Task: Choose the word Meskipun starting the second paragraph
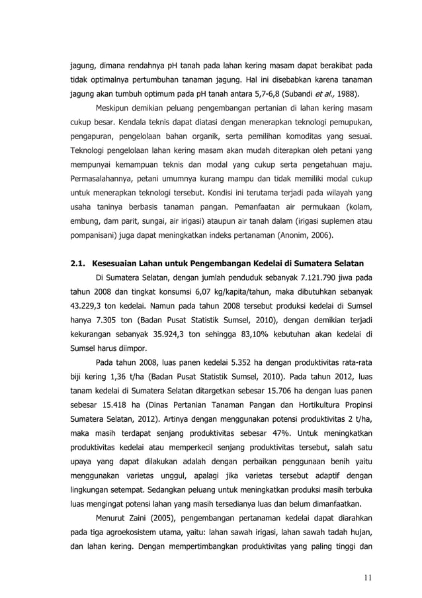click(x=116, y=108)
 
